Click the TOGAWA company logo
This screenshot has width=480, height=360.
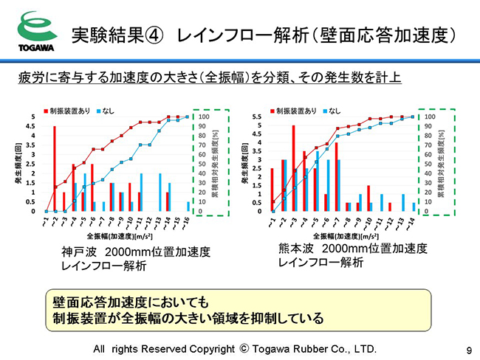[x=34, y=33]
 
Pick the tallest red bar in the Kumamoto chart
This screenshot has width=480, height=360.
[x=293, y=168]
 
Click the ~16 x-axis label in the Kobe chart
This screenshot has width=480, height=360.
[x=187, y=222]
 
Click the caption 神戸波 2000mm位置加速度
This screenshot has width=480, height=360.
[x=136, y=252]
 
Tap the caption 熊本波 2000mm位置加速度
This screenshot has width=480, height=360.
[x=353, y=249]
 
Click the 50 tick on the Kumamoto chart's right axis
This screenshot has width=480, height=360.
[x=430, y=164]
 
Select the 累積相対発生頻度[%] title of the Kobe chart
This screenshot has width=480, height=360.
[x=216, y=164]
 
